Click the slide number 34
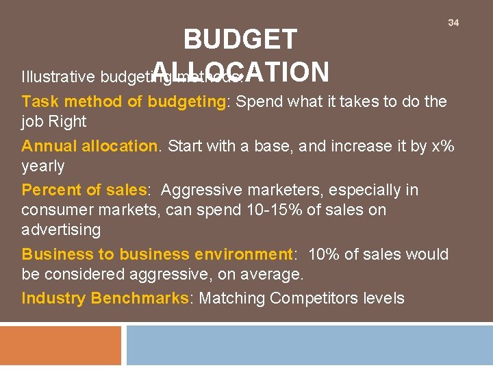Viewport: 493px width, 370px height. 453,23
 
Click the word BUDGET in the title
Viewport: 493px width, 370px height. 240,40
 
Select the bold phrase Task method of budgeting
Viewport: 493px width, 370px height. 124,102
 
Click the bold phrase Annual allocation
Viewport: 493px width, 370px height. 90,146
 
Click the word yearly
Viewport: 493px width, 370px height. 43,166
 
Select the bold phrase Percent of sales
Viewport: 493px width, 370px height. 84,190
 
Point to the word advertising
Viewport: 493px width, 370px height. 61,230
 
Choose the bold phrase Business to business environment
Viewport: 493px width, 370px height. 157,254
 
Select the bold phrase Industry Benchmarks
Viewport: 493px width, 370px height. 105,298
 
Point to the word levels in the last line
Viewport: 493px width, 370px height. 384,298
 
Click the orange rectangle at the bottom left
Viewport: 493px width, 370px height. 60,345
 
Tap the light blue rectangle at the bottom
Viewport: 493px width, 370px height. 309,345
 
